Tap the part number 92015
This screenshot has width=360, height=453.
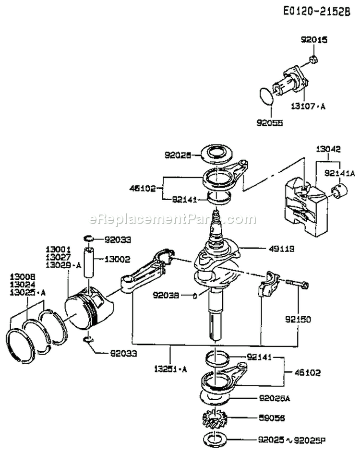[314, 41]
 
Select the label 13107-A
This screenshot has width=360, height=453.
[308, 107]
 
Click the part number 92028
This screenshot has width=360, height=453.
[178, 155]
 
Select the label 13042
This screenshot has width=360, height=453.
[328, 149]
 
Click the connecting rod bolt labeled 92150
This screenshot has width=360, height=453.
[297, 285]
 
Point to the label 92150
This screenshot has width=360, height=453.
[297, 318]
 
